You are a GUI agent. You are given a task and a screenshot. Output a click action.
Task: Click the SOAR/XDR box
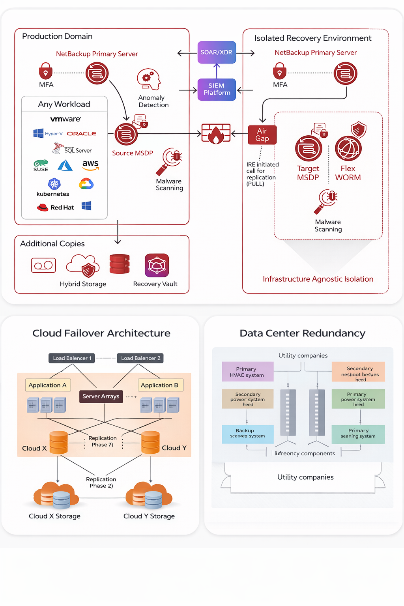(x=217, y=52)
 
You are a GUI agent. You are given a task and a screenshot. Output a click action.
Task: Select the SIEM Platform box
(x=217, y=89)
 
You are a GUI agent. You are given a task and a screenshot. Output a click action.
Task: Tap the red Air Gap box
(x=262, y=135)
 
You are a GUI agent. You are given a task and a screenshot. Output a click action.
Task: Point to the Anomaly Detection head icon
(x=149, y=79)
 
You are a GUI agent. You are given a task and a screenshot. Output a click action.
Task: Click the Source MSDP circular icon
(x=126, y=135)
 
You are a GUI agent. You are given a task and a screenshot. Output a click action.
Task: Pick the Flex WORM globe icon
(x=348, y=148)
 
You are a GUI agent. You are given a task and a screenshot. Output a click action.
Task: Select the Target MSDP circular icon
(x=309, y=148)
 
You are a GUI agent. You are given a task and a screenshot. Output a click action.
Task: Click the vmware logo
(x=65, y=119)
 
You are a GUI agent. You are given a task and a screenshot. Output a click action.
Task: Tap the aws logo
(x=90, y=165)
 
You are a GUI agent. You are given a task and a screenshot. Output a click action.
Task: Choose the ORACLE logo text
(x=82, y=134)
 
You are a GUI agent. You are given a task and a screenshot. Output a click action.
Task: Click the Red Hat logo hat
(x=43, y=207)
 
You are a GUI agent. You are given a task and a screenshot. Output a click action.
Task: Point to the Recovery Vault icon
(x=157, y=265)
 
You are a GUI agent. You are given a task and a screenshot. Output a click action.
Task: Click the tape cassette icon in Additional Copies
(x=43, y=266)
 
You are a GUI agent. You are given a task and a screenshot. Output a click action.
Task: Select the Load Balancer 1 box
(x=72, y=358)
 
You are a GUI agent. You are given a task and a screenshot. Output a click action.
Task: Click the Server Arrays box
(x=101, y=396)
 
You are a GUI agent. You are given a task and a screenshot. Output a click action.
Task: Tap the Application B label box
(x=160, y=385)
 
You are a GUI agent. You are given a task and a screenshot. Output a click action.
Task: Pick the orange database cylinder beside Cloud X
(x=59, y=442)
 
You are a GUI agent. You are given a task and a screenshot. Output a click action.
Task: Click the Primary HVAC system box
(x=247, y=372)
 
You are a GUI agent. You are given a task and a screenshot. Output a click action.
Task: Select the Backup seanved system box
(x=247, y=434)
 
